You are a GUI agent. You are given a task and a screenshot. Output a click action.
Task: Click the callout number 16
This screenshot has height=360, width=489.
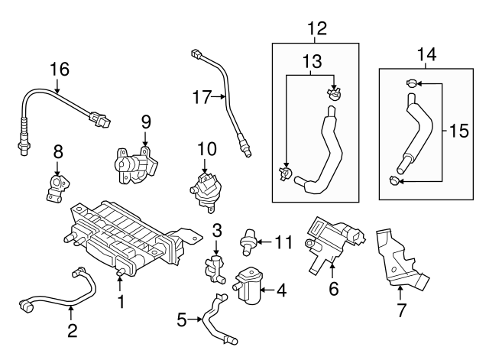click(59, 70)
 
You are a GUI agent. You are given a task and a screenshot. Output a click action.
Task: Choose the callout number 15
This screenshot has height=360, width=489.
click(459, 131)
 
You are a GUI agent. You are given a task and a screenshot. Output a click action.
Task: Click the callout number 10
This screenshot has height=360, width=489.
click(207, 147)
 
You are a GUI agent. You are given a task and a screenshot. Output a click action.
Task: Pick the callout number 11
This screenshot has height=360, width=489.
click(283, 242)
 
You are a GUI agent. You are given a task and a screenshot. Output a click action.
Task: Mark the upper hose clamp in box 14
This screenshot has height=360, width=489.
click(412, 84)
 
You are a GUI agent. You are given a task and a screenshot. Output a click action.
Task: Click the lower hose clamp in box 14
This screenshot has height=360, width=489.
click(393, 180)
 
